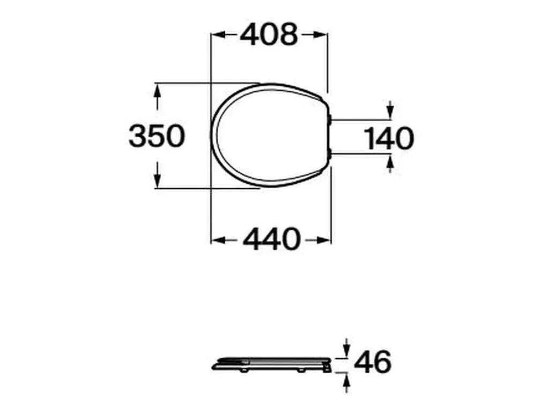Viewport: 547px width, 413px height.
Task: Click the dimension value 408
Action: click(x=268, y=35)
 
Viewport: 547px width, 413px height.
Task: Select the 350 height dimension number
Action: click(x=157, y=136)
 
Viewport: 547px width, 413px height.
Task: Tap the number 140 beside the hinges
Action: click(x=389, y=139)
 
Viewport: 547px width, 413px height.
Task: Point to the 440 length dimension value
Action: click(x=271, y=239)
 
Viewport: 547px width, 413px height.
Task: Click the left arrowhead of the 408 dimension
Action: click(x=216, y=35)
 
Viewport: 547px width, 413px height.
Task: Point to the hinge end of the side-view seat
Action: click(x=326, y=364)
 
